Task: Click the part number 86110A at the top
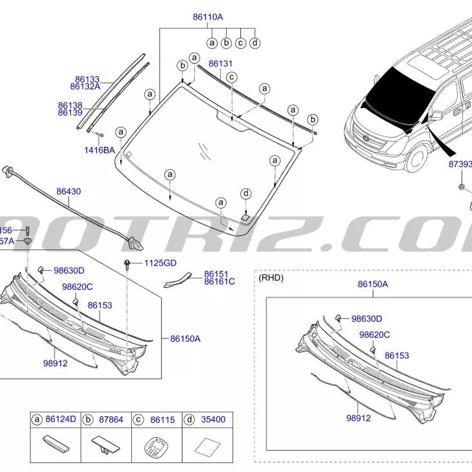point(208,17)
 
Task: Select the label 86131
point(220,64)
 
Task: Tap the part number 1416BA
point(99,150)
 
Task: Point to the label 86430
point(69,191)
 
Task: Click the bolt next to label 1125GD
point(127,264)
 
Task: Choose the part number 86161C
point(219,281)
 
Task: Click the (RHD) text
point(271,278)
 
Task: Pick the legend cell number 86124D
point(61,419)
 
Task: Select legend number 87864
point(111,419)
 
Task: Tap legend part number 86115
point(162,420)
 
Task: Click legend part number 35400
point(213,419)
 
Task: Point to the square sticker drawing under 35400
point(208,447)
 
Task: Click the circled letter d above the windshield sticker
point(246,194)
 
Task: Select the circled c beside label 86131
point(232,77)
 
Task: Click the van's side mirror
point(436,115)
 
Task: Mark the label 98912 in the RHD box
point(358,418)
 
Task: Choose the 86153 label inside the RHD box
point(397,356)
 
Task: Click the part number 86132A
point(85,87)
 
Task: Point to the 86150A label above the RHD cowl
point(373,284)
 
